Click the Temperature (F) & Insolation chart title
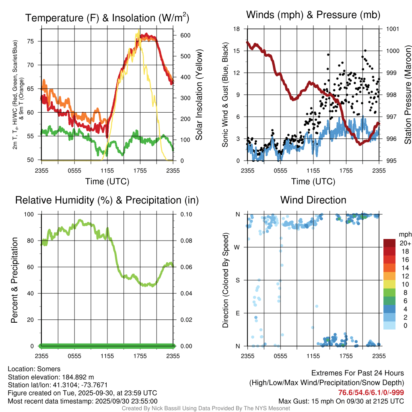[x=107, y=18]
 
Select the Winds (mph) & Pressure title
[x=313, y=15]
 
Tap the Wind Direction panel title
[x=313, y=200]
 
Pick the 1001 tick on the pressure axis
[x=392, y=29]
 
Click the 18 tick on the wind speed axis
[x=237, y=29]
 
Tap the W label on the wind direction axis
[x=237, y=247]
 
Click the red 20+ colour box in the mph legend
[x=390, y=243]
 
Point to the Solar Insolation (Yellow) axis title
[x=199, y=95]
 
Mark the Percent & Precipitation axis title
[x=14, y=280]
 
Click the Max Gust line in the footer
[x=341, y=401]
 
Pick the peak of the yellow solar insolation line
[x=139, y=30]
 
